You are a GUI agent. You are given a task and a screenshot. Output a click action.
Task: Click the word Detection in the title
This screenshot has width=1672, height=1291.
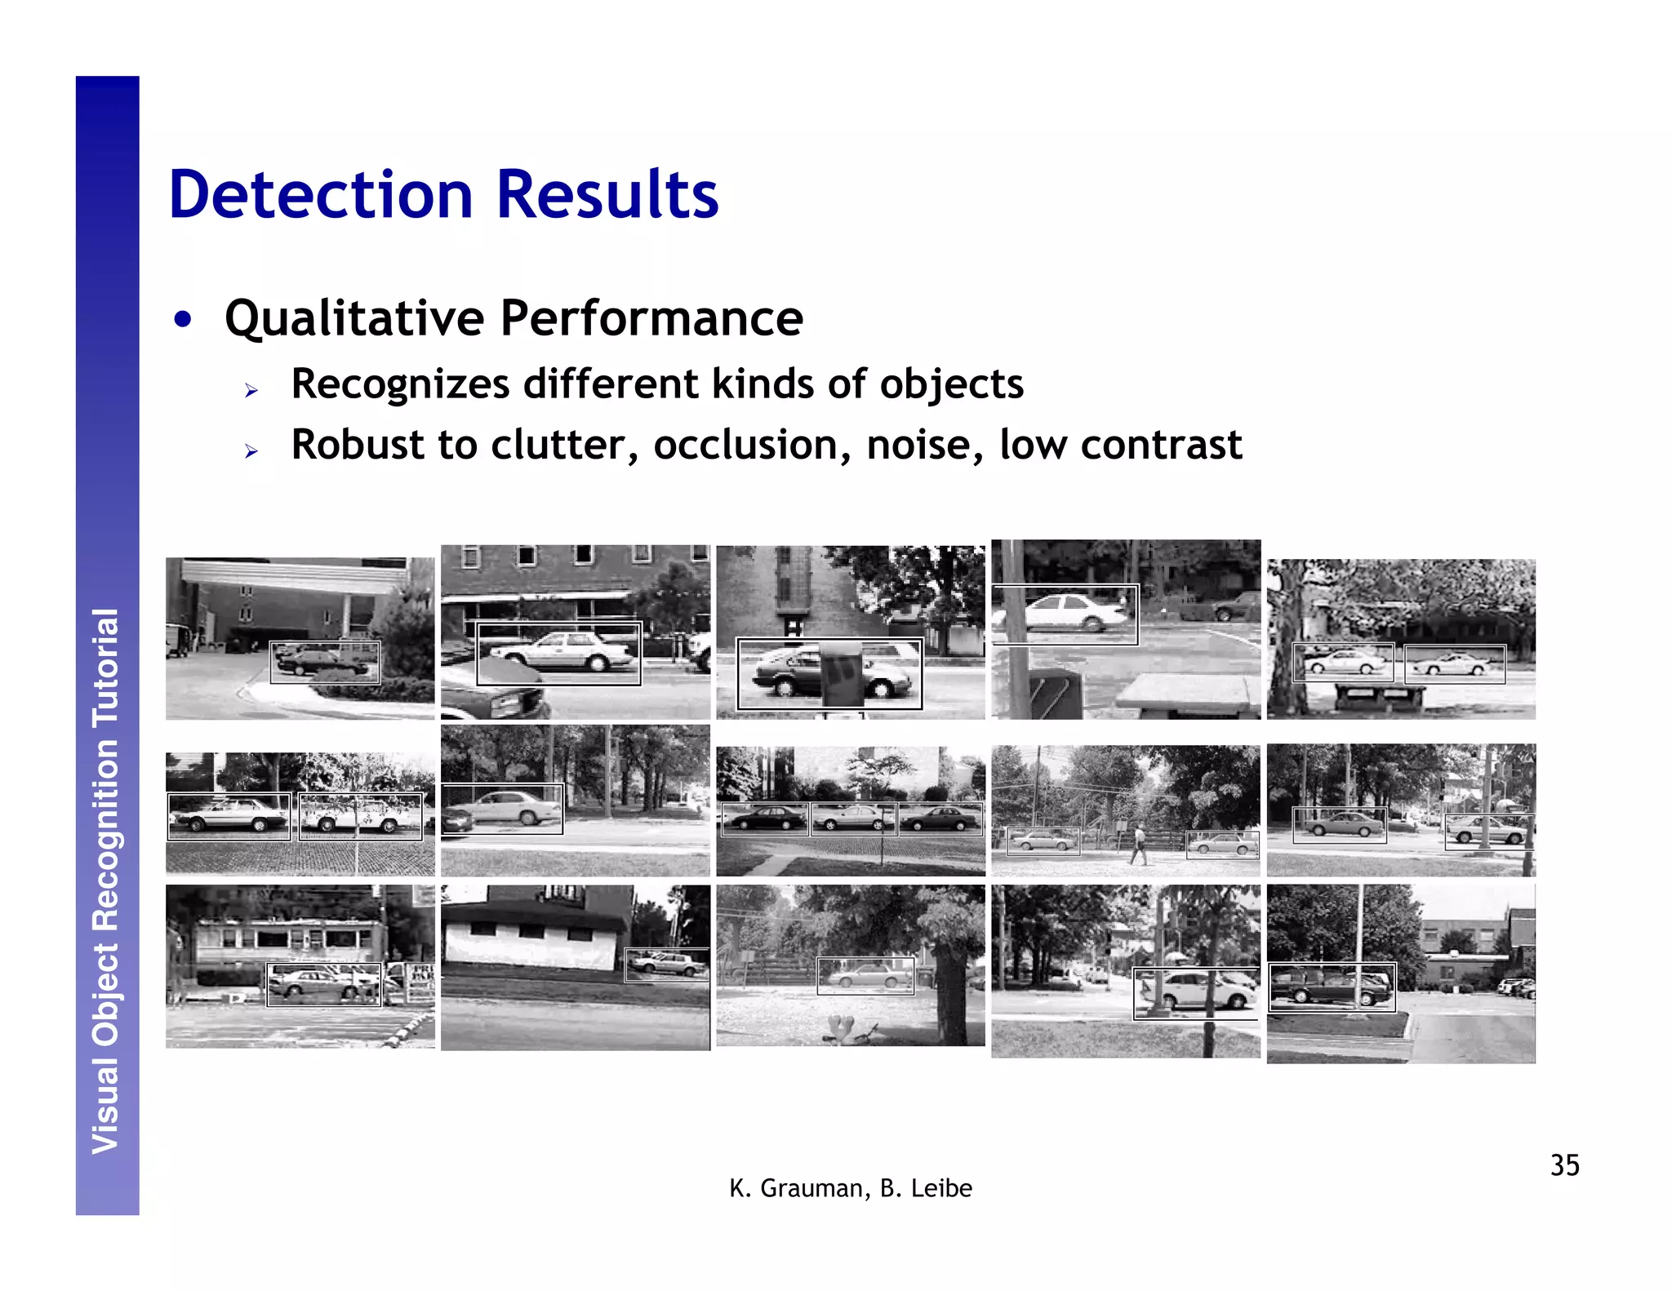(x=321, y=195)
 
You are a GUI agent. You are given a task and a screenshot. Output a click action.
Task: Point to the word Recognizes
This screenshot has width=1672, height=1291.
(x=400, y=384)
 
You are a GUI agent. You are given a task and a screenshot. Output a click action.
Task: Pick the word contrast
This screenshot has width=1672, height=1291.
(x=1161, y=445)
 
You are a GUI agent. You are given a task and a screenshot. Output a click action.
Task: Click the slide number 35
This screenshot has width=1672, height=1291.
(x=1564, y=1165)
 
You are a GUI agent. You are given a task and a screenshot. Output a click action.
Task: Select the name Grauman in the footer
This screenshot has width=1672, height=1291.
(x=813, y=1188)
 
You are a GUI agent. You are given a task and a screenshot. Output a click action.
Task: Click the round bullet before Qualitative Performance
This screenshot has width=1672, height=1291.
(x=183, y=319)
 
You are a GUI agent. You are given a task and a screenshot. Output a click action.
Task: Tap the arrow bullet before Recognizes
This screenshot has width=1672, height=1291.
(x=251, y=390)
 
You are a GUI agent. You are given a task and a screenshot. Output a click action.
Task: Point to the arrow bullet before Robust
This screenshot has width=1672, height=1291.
(x=251, y=450)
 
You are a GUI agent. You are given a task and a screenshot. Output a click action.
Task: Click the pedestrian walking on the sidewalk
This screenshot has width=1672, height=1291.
(x=1138, y=844)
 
